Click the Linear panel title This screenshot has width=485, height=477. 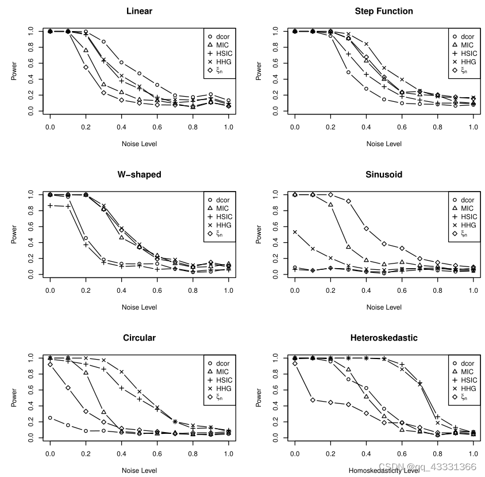139,11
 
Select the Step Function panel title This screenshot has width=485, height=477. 384,11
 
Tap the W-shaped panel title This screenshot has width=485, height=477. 139,174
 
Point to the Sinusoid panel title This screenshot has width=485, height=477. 384,174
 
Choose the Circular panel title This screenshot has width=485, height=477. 139,338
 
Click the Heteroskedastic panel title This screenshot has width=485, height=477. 384,338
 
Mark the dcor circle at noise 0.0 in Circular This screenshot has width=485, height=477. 50,418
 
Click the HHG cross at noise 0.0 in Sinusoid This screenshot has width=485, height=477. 295,232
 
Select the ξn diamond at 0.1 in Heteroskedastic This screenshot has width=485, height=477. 313,400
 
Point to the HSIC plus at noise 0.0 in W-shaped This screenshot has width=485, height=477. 50,205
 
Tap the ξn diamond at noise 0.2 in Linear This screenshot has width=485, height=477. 86,67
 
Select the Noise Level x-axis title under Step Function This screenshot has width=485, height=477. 384,144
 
